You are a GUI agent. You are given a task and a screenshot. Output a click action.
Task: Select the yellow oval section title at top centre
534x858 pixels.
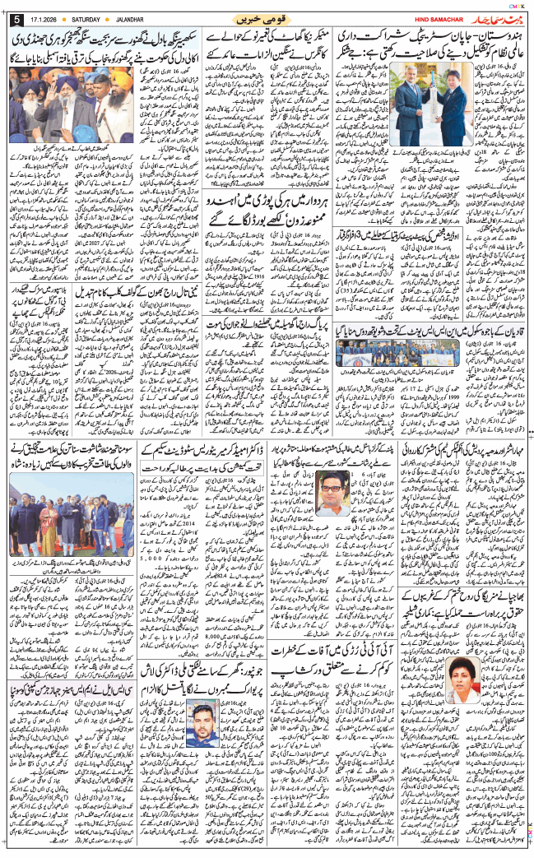(x=263, y=19)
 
